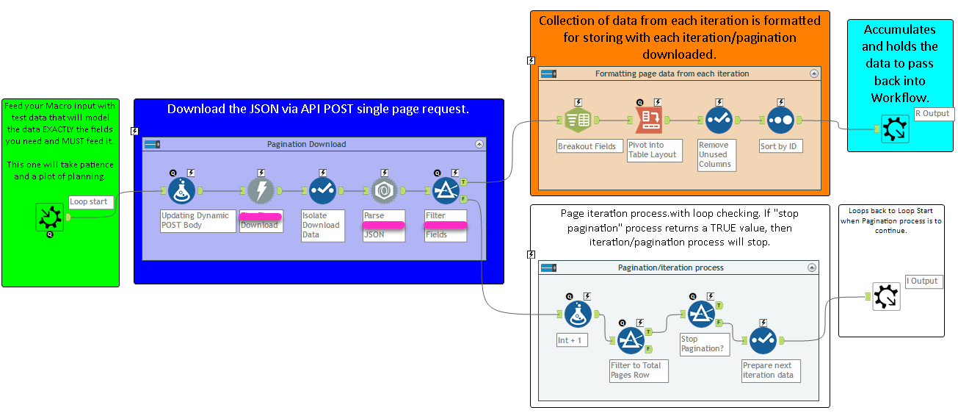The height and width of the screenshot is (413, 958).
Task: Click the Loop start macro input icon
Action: click(x=50, y=218)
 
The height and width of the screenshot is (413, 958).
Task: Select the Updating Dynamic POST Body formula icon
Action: click(x=182, y=190)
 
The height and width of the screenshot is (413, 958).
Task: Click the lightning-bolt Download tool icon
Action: click(x=261, y=190)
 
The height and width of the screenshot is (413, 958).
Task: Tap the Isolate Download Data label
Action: click(x=321, y=225)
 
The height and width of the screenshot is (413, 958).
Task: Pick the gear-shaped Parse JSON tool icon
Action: click(x=384, y=190)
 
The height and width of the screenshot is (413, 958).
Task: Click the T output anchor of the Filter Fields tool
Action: click(x=464, y=182)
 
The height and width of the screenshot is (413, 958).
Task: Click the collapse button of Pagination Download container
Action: click(x=479, y=145)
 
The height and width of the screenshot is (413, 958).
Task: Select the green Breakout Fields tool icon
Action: click(x=578, y=120)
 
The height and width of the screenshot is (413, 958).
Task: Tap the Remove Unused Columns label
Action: click(x=714, y=154)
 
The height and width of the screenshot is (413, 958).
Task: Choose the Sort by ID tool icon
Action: click(x=780, y=120)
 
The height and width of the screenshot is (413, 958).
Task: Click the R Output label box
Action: click(x=932, y=113)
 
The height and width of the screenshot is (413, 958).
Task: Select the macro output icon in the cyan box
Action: click(x=896, y=129)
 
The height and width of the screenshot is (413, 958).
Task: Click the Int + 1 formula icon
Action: click(x=578, y=315)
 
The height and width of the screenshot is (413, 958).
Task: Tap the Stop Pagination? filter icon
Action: click(x=701, y=315)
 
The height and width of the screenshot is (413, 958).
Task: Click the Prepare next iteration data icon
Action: click(x=763, y=340)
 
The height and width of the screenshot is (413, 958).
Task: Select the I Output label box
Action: click(x=923, y=281)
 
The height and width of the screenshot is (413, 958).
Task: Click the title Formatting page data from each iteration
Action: click(x=672, y=73)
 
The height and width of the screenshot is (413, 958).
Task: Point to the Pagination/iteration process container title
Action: click(x=670, y=267)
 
